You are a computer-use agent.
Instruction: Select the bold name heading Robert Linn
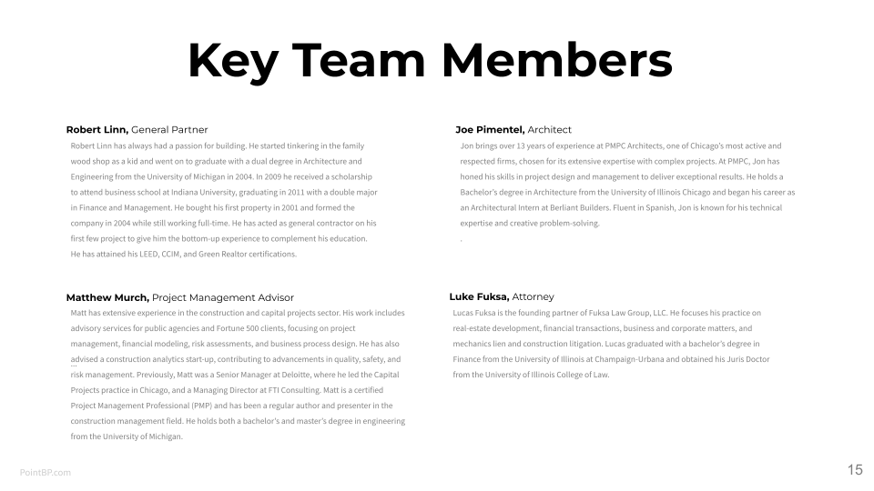[97, 130]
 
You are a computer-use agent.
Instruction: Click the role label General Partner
[169, 130]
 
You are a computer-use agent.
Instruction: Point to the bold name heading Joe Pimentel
[490, 130]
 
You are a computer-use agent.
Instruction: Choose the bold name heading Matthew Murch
[107, 297]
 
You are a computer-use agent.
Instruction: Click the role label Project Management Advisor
[223, 297]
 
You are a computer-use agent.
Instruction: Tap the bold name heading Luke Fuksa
[479, 296]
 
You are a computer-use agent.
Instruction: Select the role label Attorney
[533, 296]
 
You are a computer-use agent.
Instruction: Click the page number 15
[854, 470]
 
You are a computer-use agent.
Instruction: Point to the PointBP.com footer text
[46, 472]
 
